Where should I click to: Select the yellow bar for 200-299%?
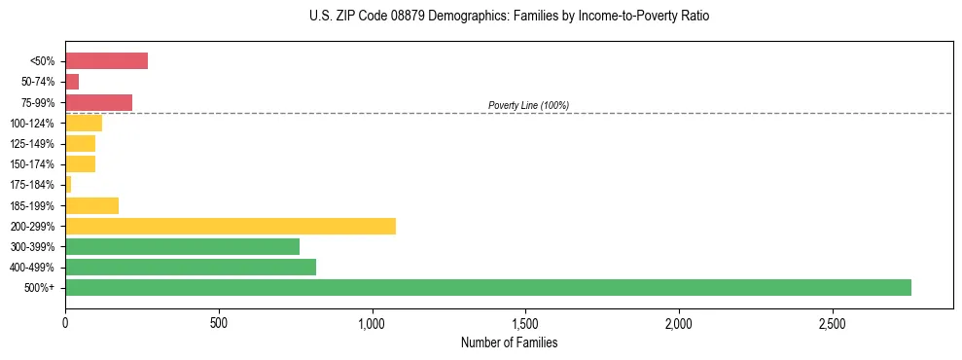(x=231, y=226)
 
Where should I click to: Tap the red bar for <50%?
(x=106, y=61)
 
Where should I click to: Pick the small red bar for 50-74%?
(x=72, y=82)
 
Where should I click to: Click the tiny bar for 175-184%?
(x=68, y=185)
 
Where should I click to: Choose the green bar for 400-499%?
(x=191, y=267)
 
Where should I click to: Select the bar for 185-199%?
(x=91, y=205)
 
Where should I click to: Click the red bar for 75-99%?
(x=98, y=102)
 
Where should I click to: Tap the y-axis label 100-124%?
(x=32, y=124)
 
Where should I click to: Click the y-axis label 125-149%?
(x=32, y=144)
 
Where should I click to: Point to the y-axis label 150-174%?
(x=32, y=164)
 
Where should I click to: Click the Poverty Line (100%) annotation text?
(x=528, y=105)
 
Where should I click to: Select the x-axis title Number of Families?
(x=509, y=343)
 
